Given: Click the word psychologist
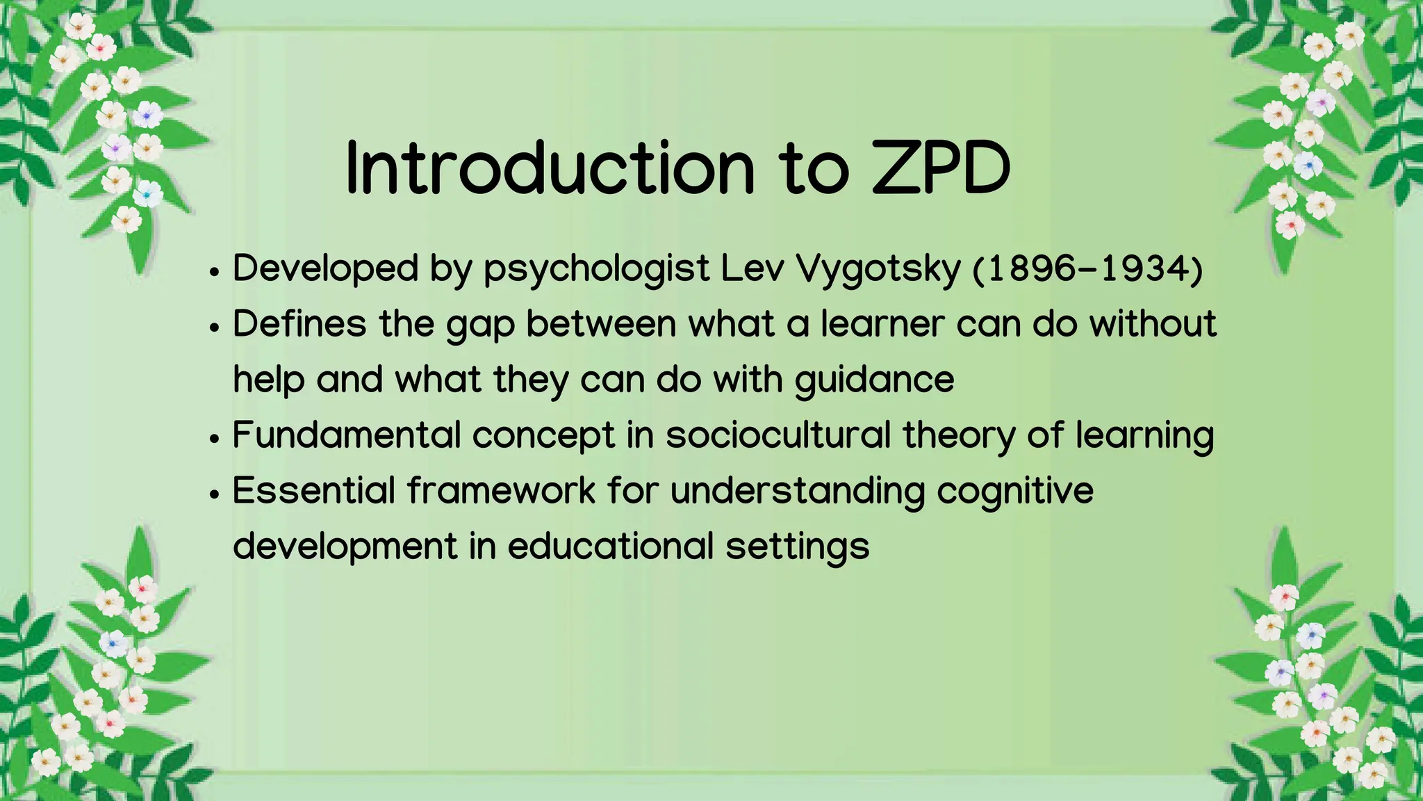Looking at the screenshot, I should tap(596, 269).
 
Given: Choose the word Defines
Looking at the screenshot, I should tap(299, 324).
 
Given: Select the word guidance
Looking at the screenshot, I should tap(874, 380).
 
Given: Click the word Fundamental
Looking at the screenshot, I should tap(346, 435).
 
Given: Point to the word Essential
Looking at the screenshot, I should tap(314, 490).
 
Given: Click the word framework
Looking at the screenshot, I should tap(501, 490).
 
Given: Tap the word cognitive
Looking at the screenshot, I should tap(1014, 492).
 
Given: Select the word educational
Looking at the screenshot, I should tap(611, 546).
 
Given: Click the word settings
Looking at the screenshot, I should tap(797, 547).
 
